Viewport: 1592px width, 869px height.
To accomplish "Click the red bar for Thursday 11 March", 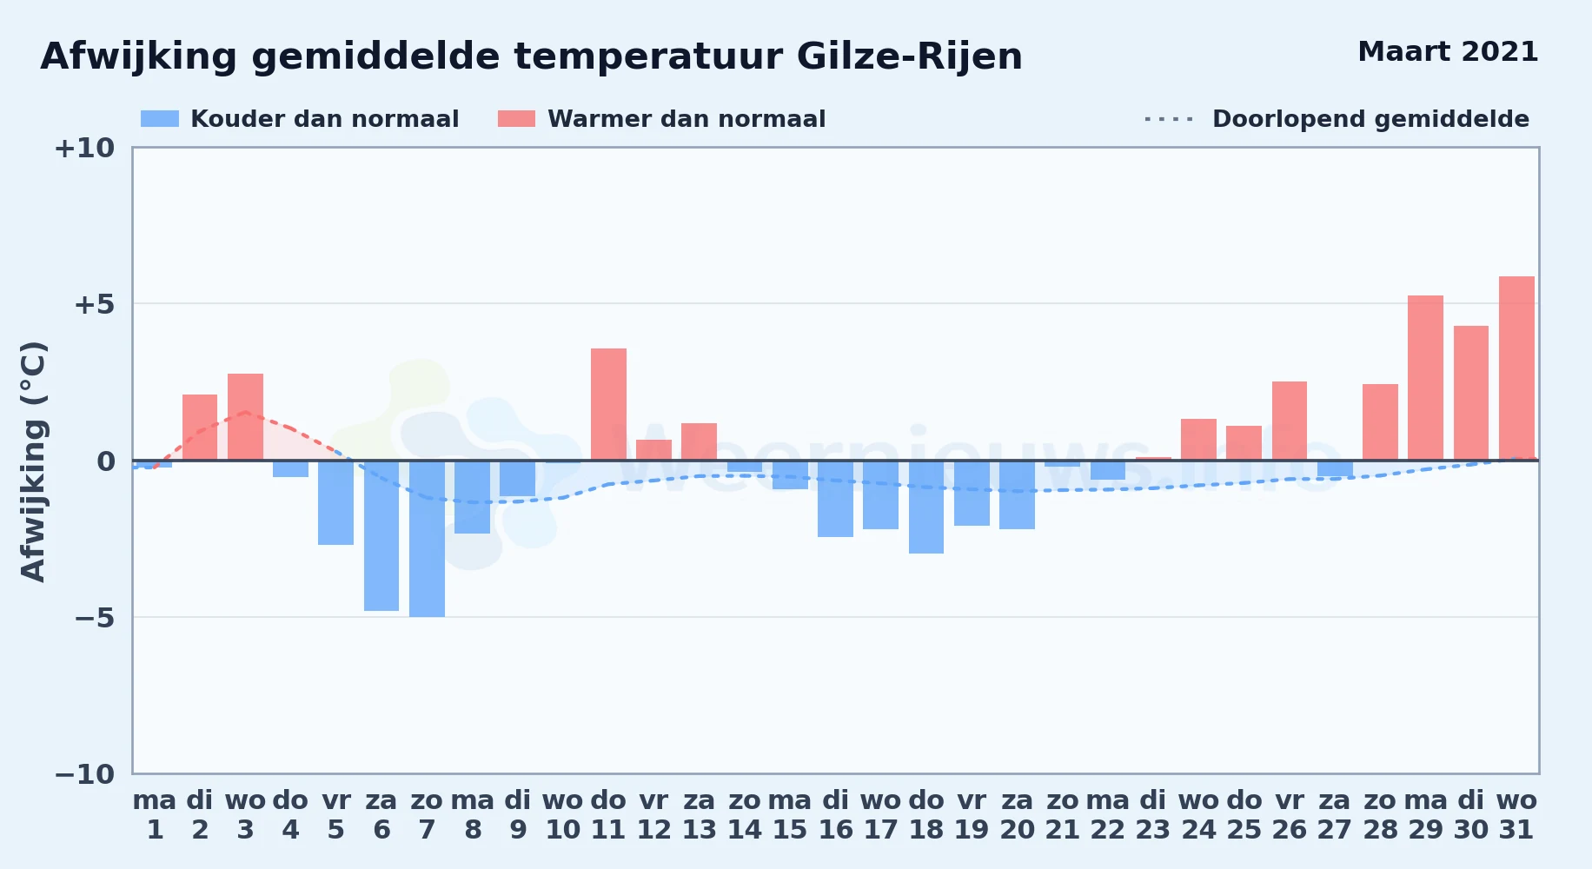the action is pyautogui.click(x=608, y=404).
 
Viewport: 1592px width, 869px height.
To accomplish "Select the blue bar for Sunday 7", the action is pyautogui.click(x=427, y=539).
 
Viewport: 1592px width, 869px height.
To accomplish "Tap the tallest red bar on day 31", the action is pyautogui.click(x=1516, y=368).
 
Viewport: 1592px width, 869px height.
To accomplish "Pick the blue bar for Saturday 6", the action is pyautogui.click(x=381, y=535).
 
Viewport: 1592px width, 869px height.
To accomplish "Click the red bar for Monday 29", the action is pyautogui.click(x=1425, y=378).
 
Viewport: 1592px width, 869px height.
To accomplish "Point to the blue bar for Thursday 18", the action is pyautogui.click(x=926, y=507).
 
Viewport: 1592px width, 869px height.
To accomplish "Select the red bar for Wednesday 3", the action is pyautogui.click(x=245, y=417).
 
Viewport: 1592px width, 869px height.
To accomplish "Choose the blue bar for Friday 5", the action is pyautogui.click(x=335, y=502).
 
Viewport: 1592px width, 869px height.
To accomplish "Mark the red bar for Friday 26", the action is pyautogui.click(x=1290, y=421).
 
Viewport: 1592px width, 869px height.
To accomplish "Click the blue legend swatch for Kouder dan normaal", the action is pyautogui.click(x=160, y=119).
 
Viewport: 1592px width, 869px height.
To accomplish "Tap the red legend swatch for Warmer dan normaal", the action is pyautogui.click(x=516, y=119).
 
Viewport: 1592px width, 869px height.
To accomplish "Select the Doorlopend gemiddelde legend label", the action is pyautogui.click(x=1370, y=119).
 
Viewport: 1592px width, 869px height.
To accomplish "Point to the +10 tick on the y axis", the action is pyautogui.click(x=84, y=148).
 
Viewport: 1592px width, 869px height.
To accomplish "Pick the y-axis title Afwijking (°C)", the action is pyautogui.click(x=33, y=461).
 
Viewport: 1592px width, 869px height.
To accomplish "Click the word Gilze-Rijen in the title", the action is pyautogui.click(x=909, y=57).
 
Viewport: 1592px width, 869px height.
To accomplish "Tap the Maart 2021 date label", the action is pyautogui.click(x=1448, y=51).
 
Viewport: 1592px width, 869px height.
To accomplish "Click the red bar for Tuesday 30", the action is pyautogui.click(x=1471, y=393).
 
